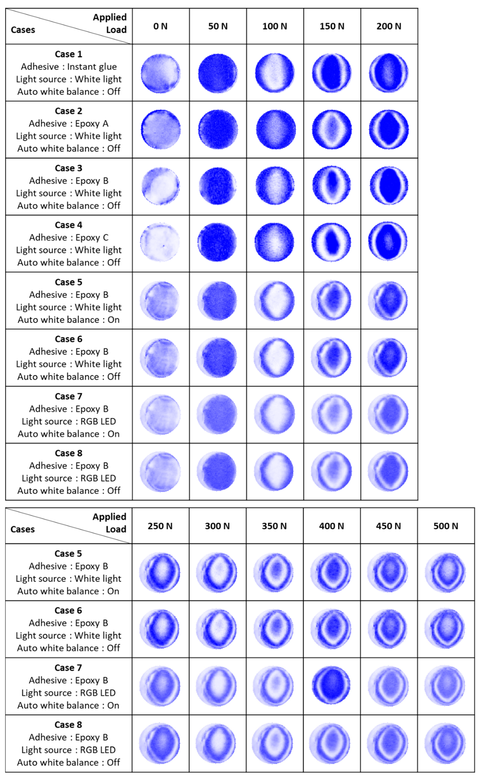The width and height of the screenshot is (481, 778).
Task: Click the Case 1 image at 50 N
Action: click(x=218, y=73)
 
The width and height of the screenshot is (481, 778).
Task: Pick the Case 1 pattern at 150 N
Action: click(x=332, y=73)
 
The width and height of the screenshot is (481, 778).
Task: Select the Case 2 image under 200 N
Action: click(x=389, y=130)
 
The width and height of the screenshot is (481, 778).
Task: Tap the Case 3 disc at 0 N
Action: click(x=161, y=186)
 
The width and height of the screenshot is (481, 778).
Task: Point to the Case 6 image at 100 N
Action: click(x=274, y=357)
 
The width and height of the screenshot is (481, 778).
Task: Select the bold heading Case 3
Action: click(x=68, y=168)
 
